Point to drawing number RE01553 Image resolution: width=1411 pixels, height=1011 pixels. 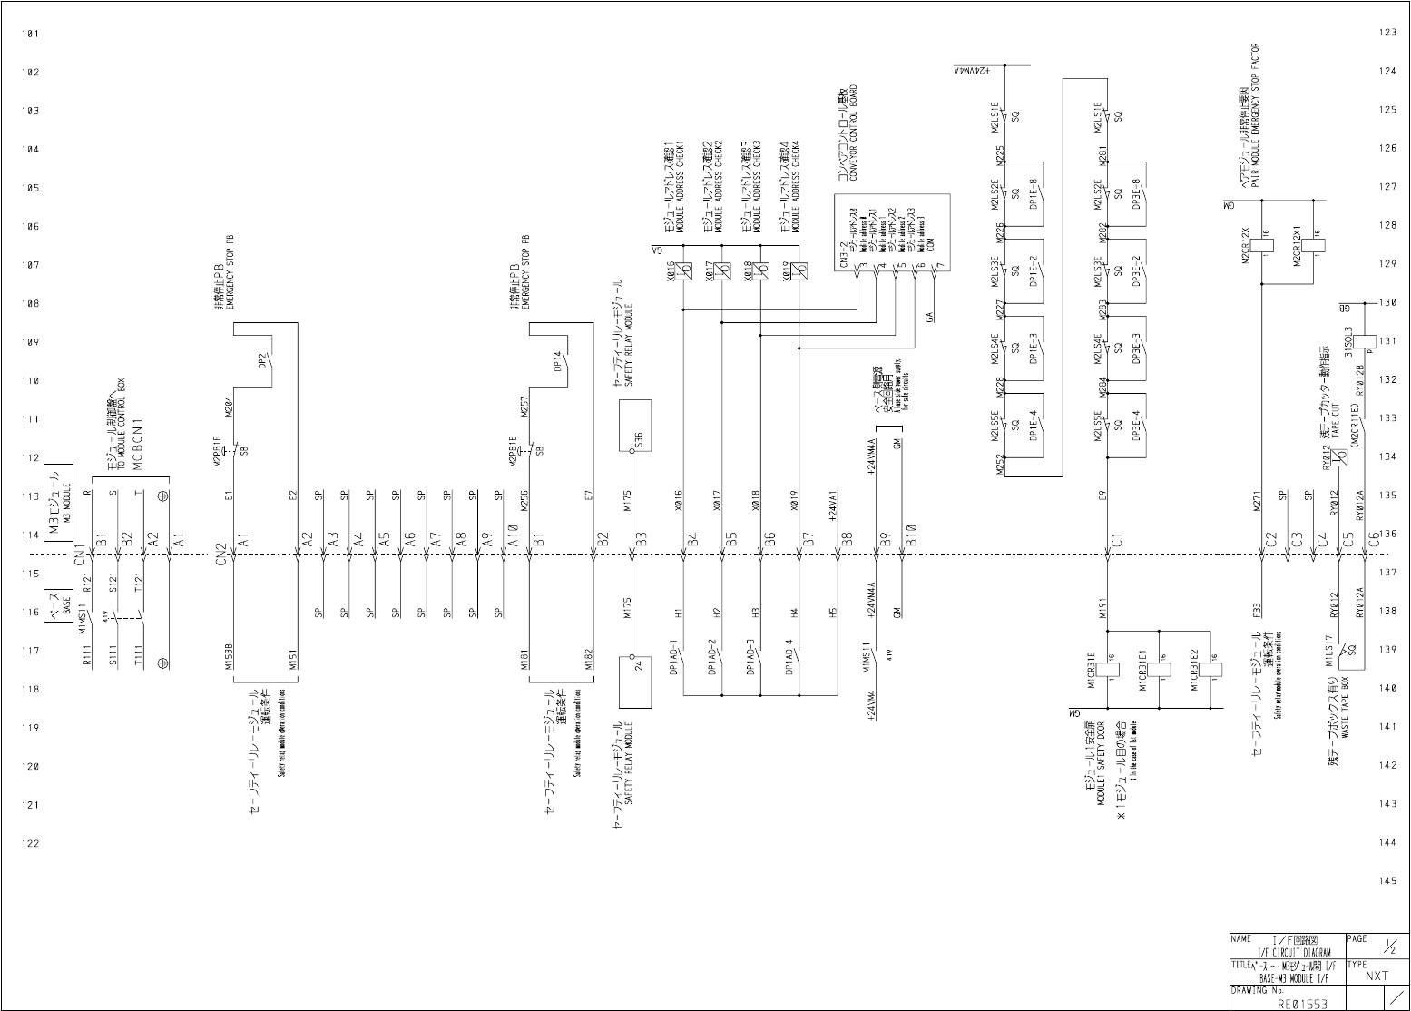(1302, 1004)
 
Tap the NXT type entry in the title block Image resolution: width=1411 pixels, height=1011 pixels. (1377, 976)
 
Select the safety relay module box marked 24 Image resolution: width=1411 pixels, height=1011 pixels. (636, 682)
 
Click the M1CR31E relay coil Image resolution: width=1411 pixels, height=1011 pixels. (1111, 671)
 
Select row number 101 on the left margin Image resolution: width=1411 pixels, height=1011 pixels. (30, 34)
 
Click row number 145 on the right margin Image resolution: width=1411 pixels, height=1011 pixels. (1387, 880)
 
